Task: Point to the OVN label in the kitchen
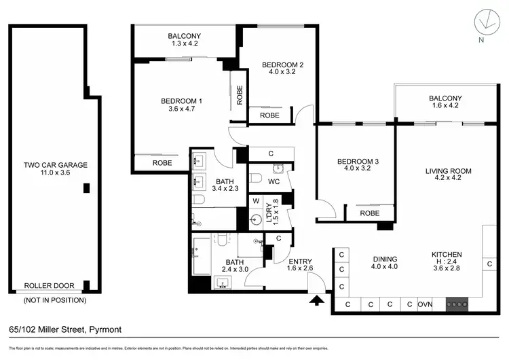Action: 426,304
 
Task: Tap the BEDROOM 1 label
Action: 182,102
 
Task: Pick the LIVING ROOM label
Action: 448,171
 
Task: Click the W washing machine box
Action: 256,201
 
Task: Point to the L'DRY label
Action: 269,217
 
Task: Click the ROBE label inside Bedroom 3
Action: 369,213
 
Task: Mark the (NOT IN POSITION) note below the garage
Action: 54,300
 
